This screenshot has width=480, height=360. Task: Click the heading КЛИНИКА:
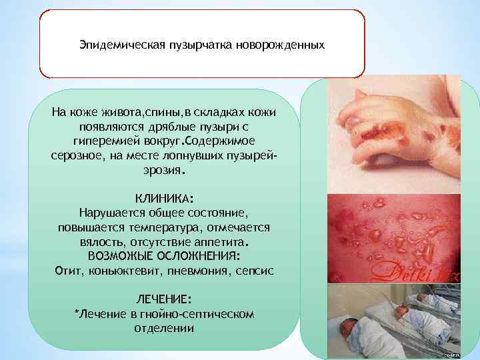tap(165, 199)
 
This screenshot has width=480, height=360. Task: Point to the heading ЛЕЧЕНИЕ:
tap(165, 300)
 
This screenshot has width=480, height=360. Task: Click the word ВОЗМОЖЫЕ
tap(119, 256)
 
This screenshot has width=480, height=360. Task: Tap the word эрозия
tap(163, 170)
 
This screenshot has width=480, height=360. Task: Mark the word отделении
tap(164, 328)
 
